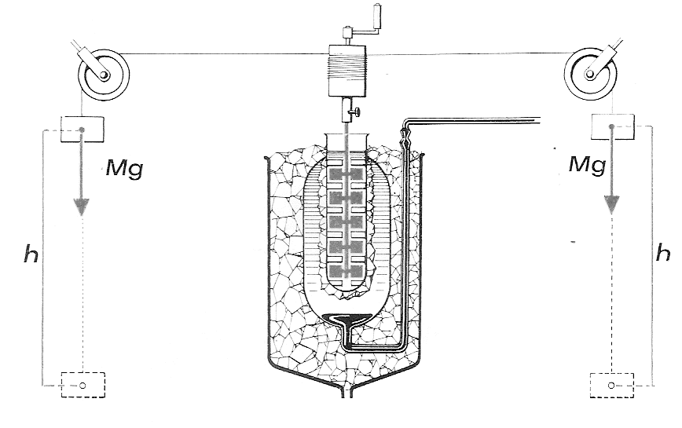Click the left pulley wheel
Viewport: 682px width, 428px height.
click(x=104, y=76)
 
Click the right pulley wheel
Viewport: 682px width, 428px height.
click(x=590, y=75)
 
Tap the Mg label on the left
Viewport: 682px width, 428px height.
click(x=124, y=169)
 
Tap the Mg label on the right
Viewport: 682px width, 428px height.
click(x=587, y=165)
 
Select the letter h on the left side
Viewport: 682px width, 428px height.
click(x=31, y=254)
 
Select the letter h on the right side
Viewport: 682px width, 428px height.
click(x=663, y=252)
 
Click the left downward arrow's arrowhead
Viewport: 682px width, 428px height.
click(x=81, y=207)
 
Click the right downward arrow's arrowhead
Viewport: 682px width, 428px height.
click(x=611, y=204)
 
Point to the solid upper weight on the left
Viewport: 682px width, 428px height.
click(x=82, y=129)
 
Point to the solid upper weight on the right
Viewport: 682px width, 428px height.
click(x=612, y=127)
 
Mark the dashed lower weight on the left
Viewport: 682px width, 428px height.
click(x=82, y=385)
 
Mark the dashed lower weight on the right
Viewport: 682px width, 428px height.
click(x=611, y=385)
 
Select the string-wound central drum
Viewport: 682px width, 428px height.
click(x=348, y=71)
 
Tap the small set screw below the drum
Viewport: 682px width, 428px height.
click(x=357, y=112)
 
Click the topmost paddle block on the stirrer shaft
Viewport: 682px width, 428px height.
click(x=346, y=174)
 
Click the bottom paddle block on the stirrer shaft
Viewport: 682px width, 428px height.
click(x=346, y=272)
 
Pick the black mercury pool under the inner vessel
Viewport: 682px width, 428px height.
click(x=347, y=320)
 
